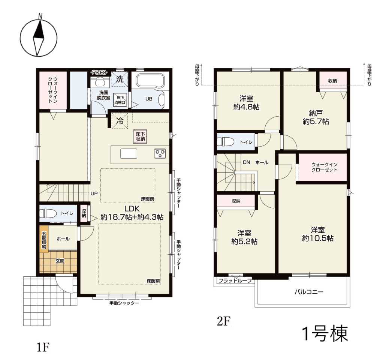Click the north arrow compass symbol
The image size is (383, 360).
[x=38, y=37]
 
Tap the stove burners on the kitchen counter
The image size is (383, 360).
[x=160, y=153]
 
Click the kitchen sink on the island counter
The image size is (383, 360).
[x=129, y=154]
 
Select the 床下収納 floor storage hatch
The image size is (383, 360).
[x=140, y=136]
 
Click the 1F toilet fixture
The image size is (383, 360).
[x=48, y=213]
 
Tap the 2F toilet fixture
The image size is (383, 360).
[x=226, y=142]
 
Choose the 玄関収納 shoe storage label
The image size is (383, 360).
[x=44, y=240]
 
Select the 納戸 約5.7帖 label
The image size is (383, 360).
[x=316, y=117]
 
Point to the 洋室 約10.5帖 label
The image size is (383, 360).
[x=317, y=234]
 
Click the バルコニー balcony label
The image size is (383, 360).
[x=309, y=292]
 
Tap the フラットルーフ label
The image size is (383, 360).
[x=235, y=280]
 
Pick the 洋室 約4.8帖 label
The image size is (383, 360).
[x=246, y=103]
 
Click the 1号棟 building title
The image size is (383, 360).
[x=325, y=333]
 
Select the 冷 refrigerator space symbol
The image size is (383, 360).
[x=120, y=121]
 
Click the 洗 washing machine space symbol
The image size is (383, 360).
[x=120, y=79]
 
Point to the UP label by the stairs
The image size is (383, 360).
[x=94, y=193]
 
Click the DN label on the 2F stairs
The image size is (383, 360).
[x=247, y=162]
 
